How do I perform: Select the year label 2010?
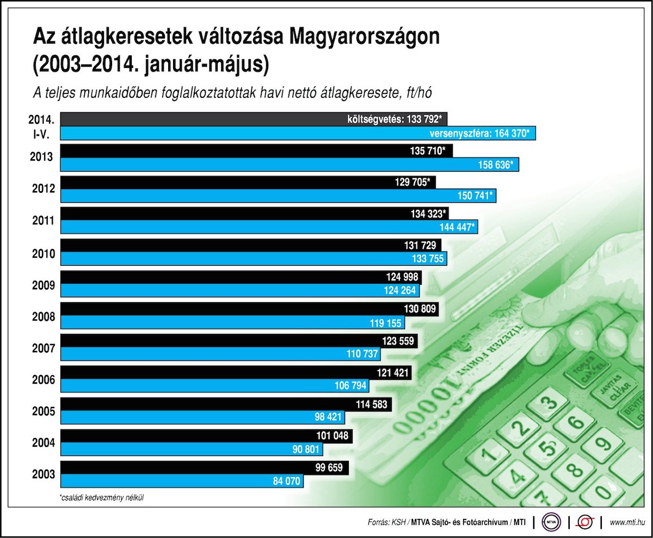pos(44,253)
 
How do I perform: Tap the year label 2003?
pos(44,474)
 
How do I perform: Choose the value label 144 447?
pos(457,228)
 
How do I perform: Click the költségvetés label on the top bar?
pos(374,119)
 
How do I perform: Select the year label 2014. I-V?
pos(44,126)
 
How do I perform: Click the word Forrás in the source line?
pos(379,523)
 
